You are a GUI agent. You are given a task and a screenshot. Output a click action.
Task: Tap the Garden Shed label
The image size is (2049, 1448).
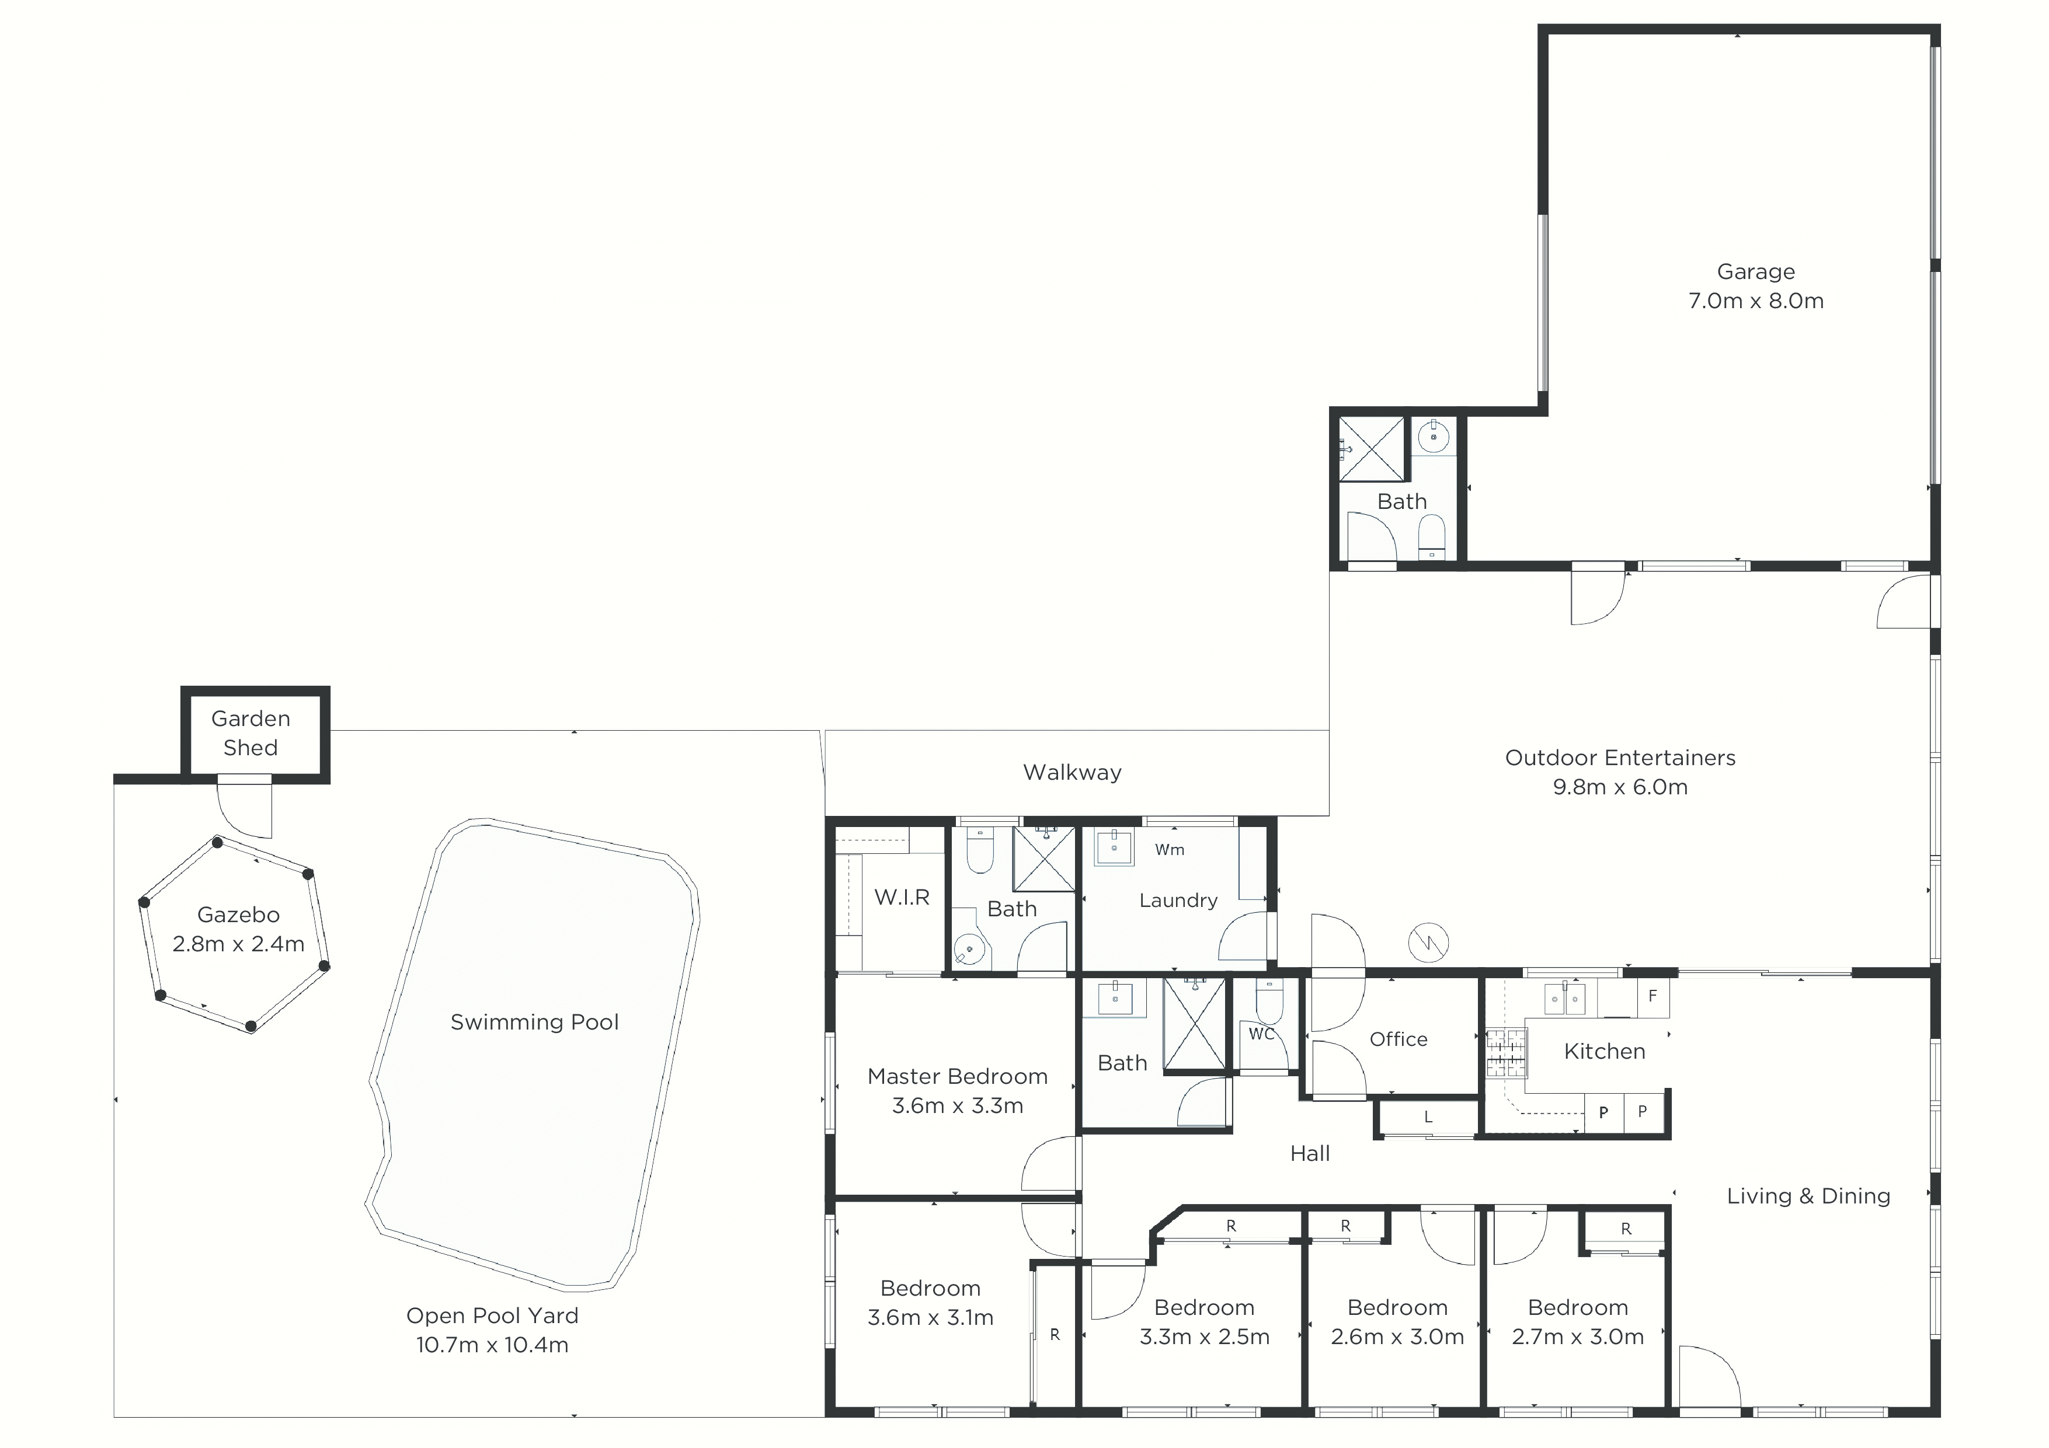[251, 734]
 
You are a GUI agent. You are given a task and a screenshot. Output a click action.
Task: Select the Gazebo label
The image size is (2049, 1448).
[238, 915]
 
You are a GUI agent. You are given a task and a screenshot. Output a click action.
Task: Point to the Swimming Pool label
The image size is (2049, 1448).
[534, 1023]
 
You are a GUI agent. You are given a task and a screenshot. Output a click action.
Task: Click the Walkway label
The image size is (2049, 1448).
[1073, 773]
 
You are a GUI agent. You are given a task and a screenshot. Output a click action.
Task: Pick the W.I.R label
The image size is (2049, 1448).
[902, 898]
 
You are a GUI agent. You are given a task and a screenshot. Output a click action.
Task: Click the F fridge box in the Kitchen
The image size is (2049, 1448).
[1653, 997]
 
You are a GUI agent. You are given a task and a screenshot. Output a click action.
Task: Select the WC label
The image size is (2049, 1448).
[1262, 1034]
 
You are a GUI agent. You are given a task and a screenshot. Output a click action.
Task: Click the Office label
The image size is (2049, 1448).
[1399, 1039]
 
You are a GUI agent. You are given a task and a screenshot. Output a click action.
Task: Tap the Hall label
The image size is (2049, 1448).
[1310, 1154]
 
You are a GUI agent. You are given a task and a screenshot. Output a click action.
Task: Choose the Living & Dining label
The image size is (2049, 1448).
[1808, 1196]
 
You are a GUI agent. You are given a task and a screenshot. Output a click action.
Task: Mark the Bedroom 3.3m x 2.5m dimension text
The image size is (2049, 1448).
[1205, 1337]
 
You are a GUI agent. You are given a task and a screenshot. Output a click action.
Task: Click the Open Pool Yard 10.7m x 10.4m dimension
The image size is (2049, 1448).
[492, 1345]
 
